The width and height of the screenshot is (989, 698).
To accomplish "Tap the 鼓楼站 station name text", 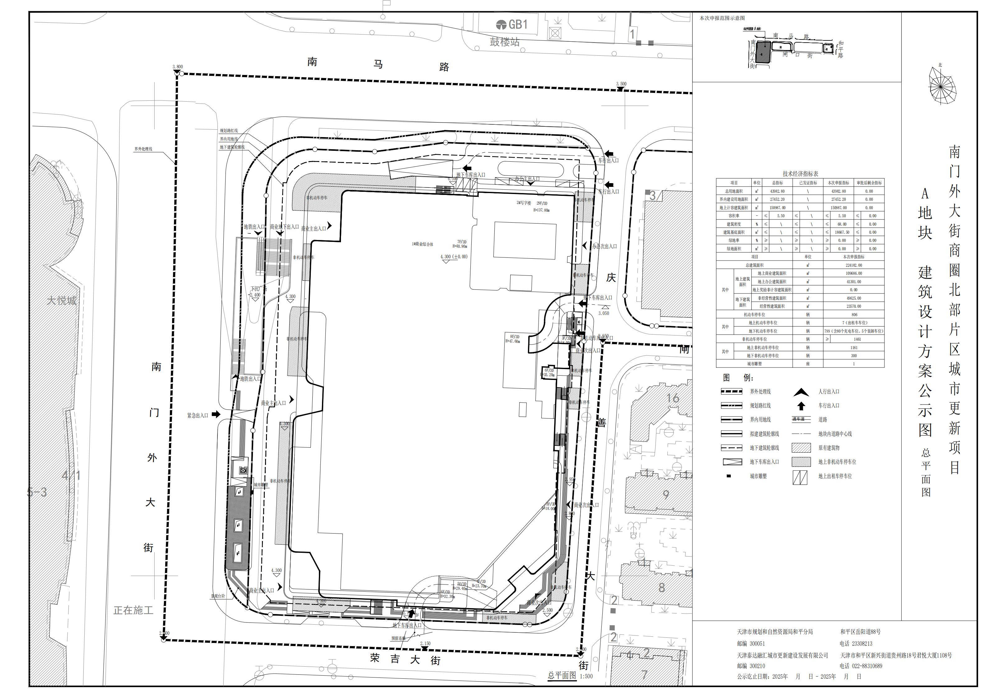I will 504,42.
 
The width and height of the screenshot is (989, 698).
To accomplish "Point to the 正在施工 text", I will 133,610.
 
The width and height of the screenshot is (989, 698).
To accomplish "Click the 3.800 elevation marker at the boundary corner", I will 177,67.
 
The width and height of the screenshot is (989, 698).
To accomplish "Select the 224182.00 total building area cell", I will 853,265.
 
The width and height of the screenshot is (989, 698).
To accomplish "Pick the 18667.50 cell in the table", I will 842,232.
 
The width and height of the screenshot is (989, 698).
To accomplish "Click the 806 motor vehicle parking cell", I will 854,315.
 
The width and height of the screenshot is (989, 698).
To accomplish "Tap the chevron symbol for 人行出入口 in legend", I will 801,392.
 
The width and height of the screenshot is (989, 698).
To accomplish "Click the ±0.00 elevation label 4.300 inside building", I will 453,257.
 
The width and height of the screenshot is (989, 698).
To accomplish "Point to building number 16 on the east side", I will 673,398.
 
